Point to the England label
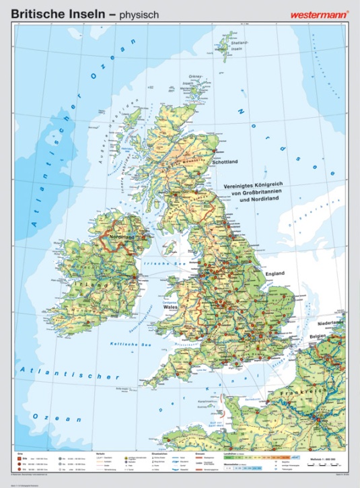(274, 273)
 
